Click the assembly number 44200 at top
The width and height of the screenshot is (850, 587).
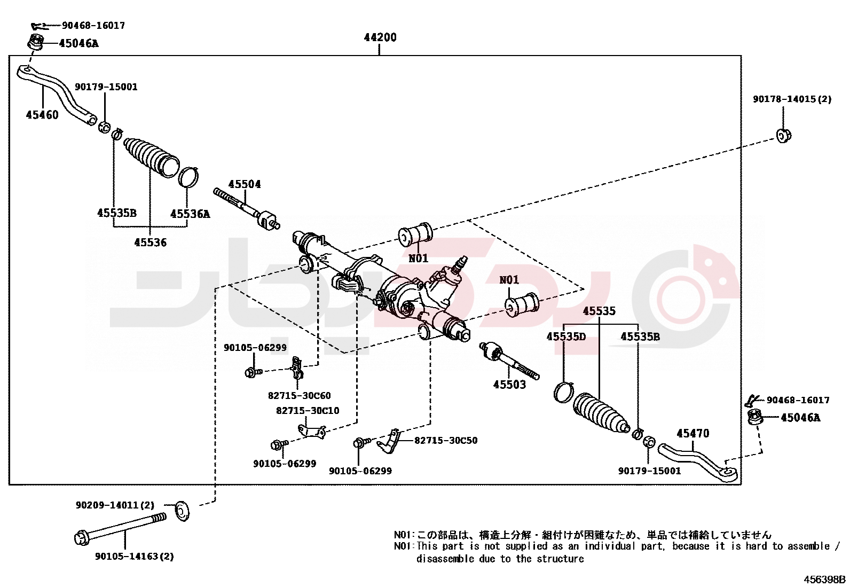pos(380,37)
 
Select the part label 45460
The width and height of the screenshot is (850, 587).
pos(42,115)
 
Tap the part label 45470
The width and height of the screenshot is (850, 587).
pos(693,434)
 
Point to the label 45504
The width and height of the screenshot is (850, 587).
pos(245,184)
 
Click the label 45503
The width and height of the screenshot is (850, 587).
pos(509,385)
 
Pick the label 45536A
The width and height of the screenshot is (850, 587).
pos(190,214)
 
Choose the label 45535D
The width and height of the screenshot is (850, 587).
pos(566,336)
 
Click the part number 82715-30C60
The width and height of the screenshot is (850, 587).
pos(299,396)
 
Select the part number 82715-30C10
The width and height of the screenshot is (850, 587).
pos(308,411)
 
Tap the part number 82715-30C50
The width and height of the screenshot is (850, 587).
pos(446,441)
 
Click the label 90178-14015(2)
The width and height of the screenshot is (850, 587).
pos(792,99)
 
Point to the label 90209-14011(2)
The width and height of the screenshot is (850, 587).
pos(115,505)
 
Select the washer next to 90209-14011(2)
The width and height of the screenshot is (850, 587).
pos(182,511)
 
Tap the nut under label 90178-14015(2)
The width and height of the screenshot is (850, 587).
pos(783,136)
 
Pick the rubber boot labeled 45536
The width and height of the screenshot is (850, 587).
pos(152,156)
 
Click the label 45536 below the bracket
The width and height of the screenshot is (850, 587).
pos(151,242)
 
